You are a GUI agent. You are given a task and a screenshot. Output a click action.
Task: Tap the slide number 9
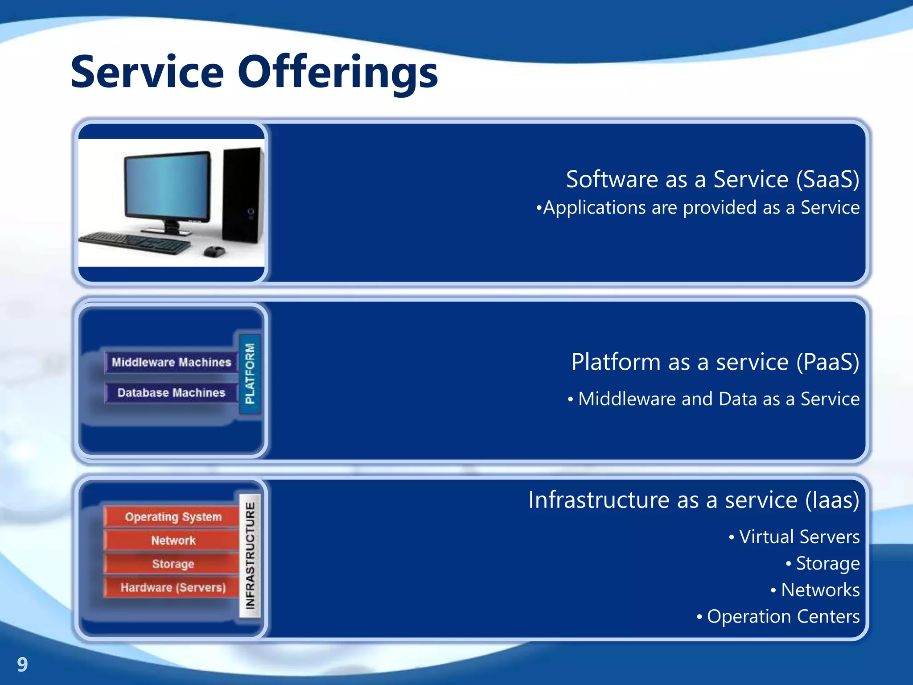(x=22, y=664)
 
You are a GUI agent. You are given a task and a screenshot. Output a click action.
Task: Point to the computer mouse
(x=214, y=252)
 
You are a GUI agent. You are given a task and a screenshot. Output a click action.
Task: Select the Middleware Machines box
(x=171, y=362)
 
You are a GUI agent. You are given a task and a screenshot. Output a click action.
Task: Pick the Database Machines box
(x=171, y=392)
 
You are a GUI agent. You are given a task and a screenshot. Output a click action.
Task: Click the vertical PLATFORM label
(x=250, y=374)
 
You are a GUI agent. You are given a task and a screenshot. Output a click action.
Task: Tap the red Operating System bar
(x=173, y=517)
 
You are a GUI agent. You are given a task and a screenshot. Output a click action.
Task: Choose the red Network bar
(x=173, y=541)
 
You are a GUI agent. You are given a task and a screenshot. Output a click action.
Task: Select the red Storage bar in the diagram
(x=173, y=564)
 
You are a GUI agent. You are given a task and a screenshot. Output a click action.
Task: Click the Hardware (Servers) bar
(x=173, y=588)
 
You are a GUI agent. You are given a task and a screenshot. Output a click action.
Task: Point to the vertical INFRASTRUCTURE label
(x=250, y=555)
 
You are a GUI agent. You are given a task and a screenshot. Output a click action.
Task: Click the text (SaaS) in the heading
(x=827, y=179)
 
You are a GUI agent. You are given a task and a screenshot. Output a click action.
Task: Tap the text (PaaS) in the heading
(x=827, y=362)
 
